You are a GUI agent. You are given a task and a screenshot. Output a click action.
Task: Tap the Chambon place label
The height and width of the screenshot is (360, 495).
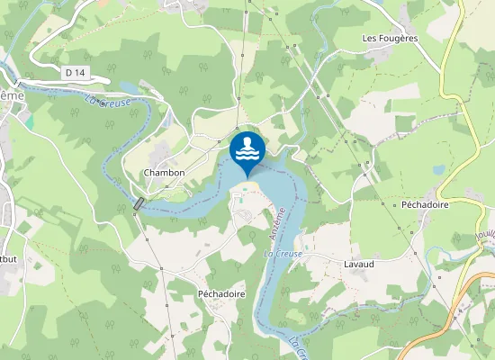[x=164, y=173]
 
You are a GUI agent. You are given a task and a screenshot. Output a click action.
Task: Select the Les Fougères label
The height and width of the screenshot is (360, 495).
[x=390, y=39]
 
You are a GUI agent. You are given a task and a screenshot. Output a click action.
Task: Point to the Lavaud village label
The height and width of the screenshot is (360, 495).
[x=358, y=265]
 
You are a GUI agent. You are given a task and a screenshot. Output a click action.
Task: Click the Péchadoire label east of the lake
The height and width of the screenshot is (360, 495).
[x=425, y=204]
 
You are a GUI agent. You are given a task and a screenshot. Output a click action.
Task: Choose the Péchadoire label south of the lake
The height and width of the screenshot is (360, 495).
[x=221, y=294]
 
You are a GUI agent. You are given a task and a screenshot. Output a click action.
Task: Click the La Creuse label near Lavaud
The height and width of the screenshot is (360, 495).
[x=282, y=255]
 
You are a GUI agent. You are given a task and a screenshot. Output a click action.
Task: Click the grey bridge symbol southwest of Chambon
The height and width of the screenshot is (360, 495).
[x=138, y=204]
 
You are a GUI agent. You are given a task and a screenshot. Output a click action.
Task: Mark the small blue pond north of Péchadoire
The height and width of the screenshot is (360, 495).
[x=438, y=169]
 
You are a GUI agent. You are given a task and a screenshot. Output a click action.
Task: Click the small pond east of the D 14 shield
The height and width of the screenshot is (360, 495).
[x=127, y=86]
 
